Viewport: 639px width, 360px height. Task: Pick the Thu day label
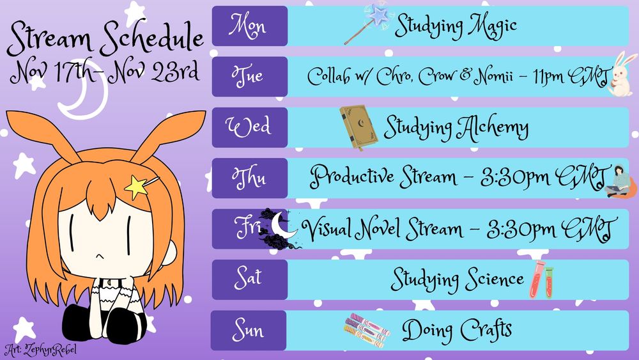(x=249, y=178)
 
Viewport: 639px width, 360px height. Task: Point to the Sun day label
(x=249, y=330)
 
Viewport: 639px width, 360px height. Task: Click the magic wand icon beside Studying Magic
(x=369, y=24)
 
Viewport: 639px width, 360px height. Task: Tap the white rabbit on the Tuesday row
(x=622, y=74)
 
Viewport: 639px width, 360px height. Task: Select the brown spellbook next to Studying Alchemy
(x=358, y=127)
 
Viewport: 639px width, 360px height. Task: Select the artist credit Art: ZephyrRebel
(x=40, y=350)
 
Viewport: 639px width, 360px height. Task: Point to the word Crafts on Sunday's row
(x=486, y=329)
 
